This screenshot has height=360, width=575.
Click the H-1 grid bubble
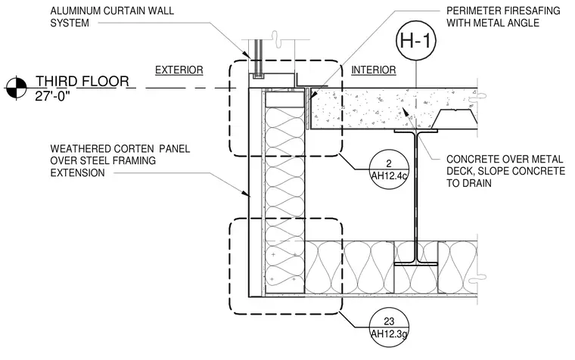pyautogui.click(x=416, y=40)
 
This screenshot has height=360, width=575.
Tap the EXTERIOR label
pyautogui.click(x=179, y=70)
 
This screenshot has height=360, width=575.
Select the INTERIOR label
pyautogui.click(x=374, y=70)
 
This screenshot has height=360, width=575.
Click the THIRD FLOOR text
pyautogui.click(x=82, y=81)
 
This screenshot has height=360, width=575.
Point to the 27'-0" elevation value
pyautogui.click(x=52, y=96)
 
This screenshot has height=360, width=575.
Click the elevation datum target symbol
pyautogui.click(x=16, y=88)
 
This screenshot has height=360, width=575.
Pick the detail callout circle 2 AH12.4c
pyautogui.click(x=389, y=169)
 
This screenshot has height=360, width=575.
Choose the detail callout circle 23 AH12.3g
pyautogui.click(x=389, y=327)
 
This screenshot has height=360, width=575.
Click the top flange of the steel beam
pyautogui.click(x=416, y=131)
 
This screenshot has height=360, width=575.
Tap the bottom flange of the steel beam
pyautogui.click(x=416, y=263)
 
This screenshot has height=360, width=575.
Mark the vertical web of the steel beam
pyautogui.click(x=416, y=197)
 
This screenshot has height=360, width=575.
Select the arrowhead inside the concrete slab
pyautogui.click(x=405, y=111)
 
